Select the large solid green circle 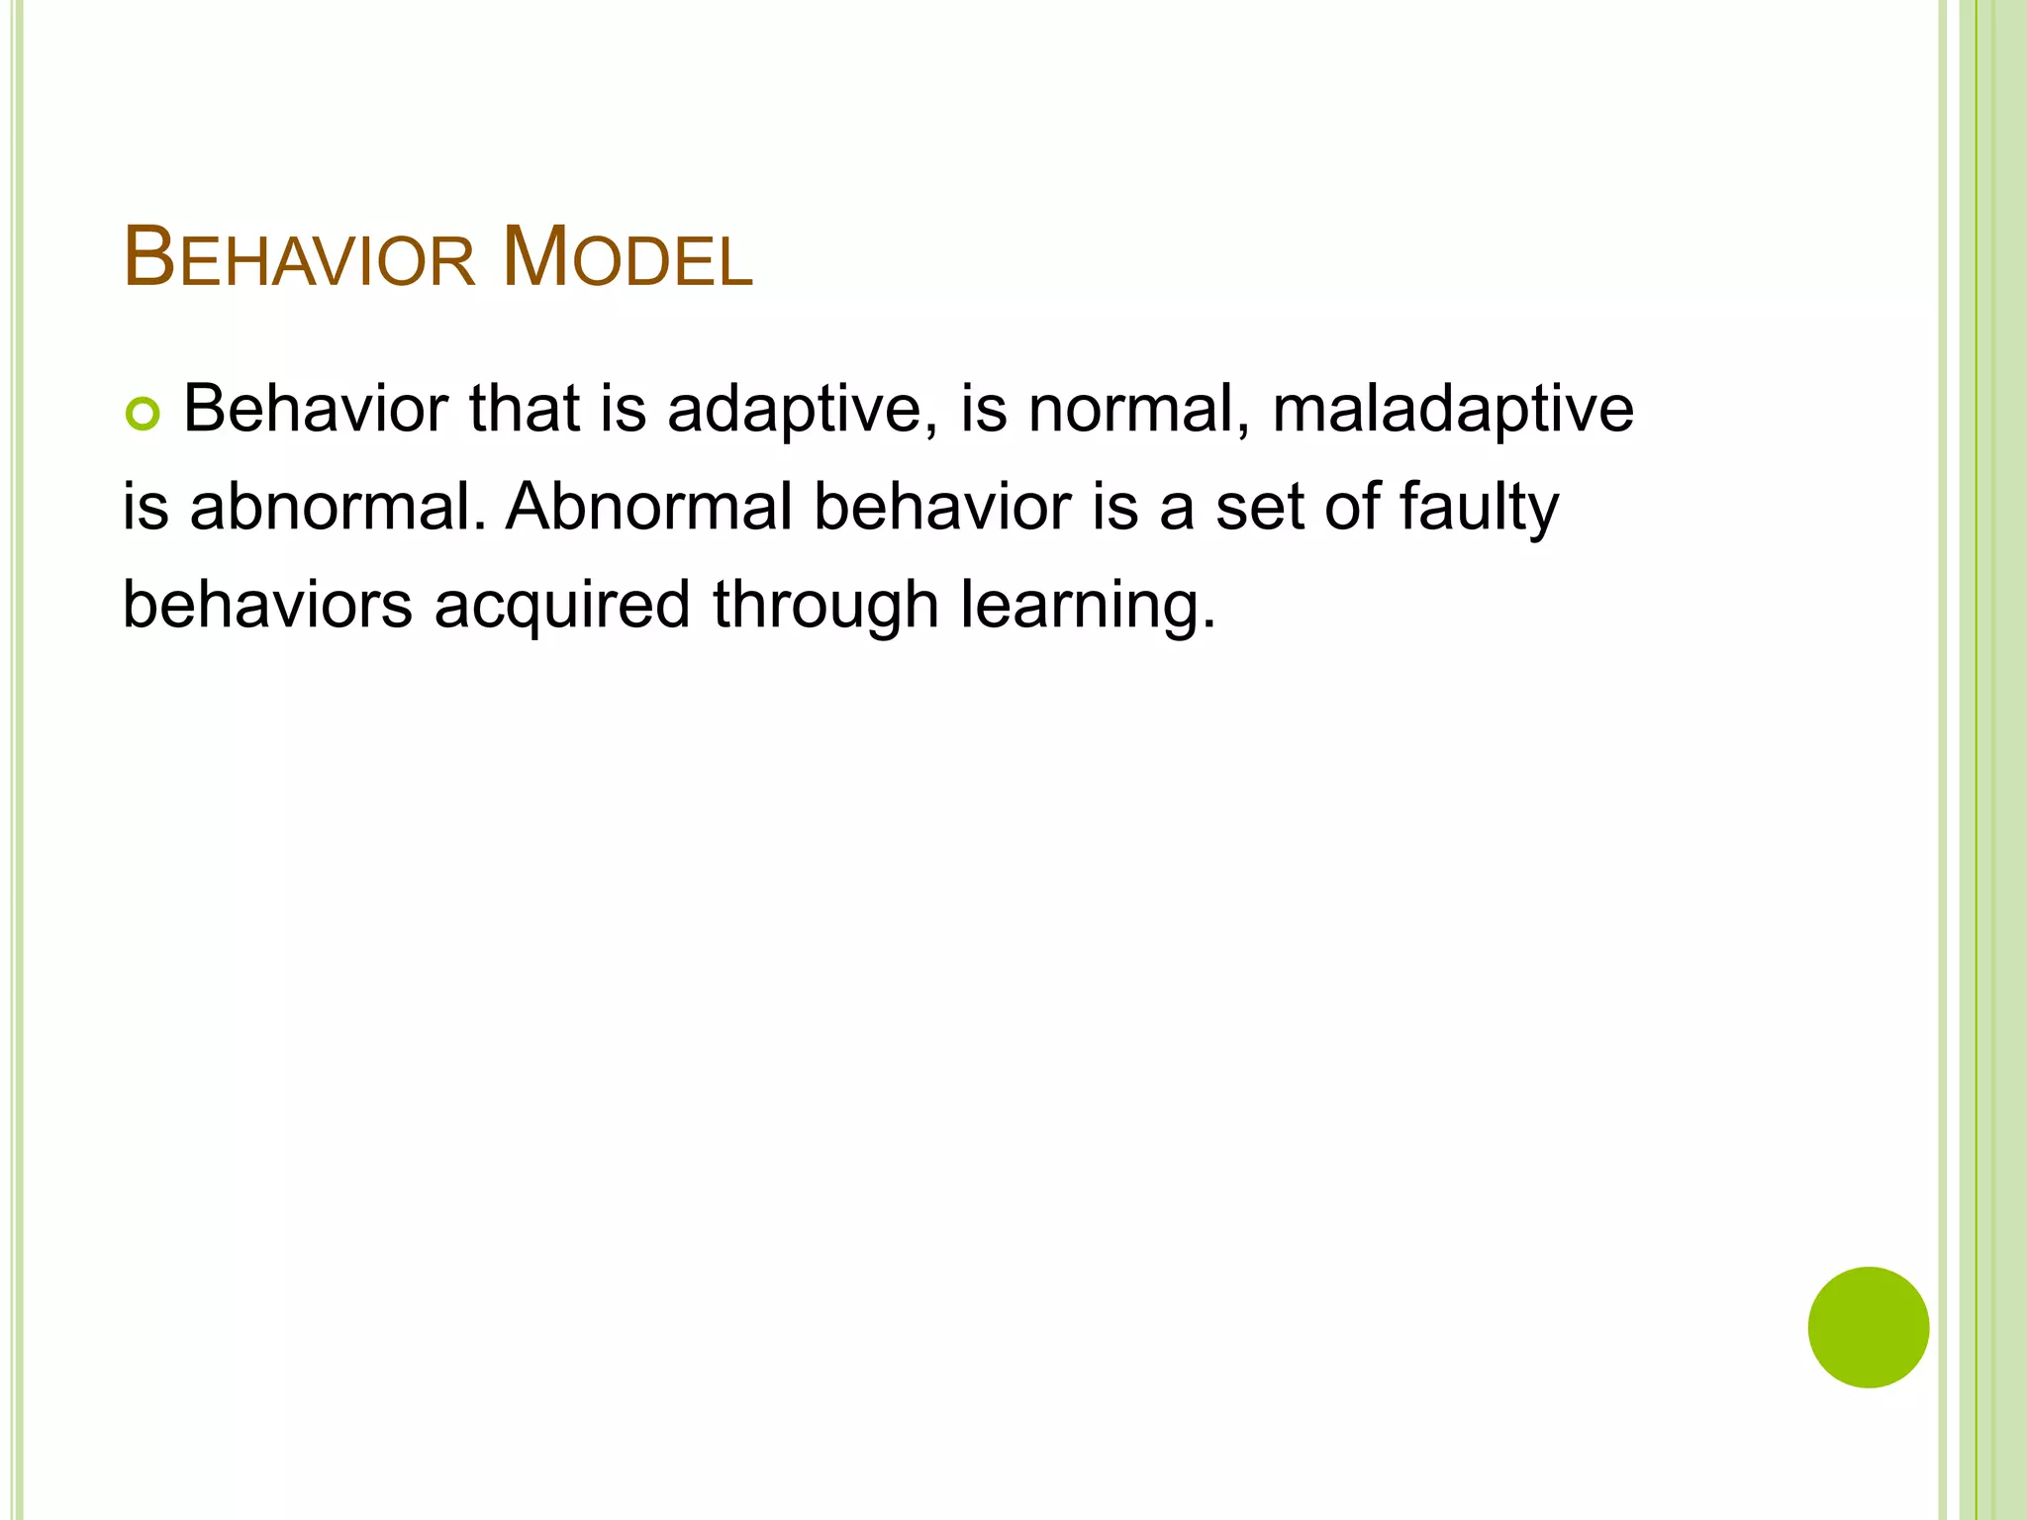1868,1327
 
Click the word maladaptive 1452,410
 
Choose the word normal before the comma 1128,410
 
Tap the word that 524,410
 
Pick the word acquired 562,606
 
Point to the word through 825,606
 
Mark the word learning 1086,606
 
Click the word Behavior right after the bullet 316,410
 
